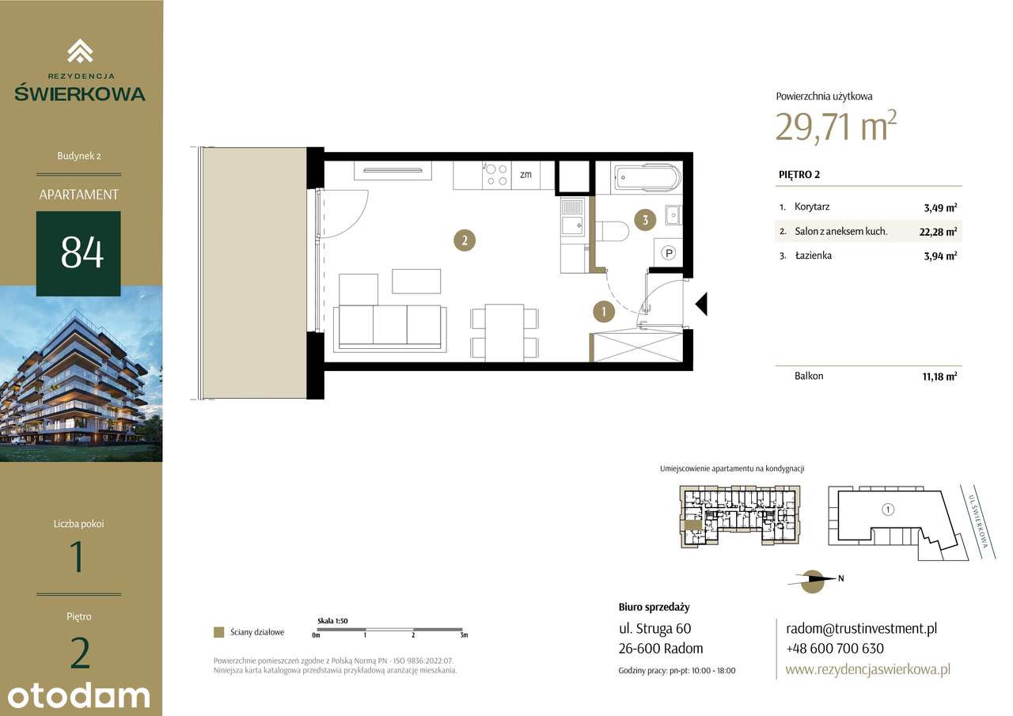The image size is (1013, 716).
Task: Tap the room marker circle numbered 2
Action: (x=465, y=240)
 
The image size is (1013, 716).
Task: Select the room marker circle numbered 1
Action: (x=603, y=312)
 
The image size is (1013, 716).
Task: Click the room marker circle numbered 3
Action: (x=645, y=221)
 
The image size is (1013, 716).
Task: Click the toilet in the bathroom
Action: (x=613, y=231)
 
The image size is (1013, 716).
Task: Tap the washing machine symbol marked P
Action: (x=668, y=253)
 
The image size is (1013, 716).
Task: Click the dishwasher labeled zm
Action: (x=525, y=175)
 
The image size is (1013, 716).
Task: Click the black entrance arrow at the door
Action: (x=700, y=304)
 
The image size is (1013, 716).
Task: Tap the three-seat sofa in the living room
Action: (x=389, y=326)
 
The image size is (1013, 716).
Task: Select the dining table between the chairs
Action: (x=504, y=332)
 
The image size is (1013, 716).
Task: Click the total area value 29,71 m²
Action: (x=836, y=126)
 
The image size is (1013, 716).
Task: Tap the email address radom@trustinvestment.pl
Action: (x=861, y=629)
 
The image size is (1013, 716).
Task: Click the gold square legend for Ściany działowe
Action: (x=218, y=632)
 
